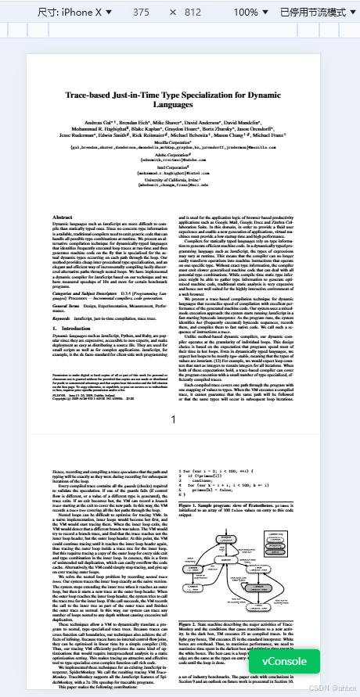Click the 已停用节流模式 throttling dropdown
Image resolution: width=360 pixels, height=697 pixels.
click(317, 13)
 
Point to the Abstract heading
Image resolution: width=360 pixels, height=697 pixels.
click(63, 216)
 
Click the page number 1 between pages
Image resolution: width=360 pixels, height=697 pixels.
click(179, 420)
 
